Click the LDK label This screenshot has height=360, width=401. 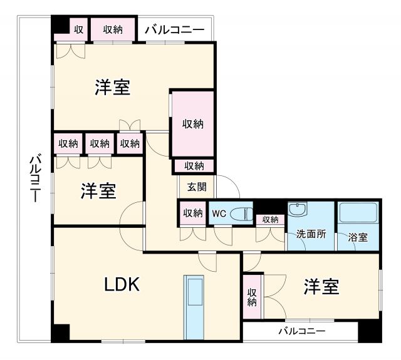[122, 285]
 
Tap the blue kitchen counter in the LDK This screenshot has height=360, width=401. [195, 306]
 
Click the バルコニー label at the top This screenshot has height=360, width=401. [175, 29]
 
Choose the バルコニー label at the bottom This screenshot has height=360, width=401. [301, 330]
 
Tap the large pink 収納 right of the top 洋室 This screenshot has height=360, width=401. [193, 124]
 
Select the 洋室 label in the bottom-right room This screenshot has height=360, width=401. [321, 287]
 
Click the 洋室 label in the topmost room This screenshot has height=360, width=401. [113, 88]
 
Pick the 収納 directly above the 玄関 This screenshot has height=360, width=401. [194, 166]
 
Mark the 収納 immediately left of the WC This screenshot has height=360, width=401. [193, 213]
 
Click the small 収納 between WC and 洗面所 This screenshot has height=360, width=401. [270, 220]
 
